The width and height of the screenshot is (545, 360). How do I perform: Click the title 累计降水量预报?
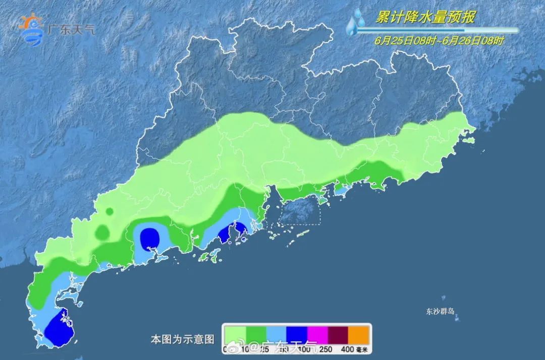(x=425, y=18)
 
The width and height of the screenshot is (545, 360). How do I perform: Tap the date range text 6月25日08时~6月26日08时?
(x=439, y=41)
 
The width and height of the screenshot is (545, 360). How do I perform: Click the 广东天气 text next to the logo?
(x=70, y=29)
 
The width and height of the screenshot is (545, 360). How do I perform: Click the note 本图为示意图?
(x=183, y=338)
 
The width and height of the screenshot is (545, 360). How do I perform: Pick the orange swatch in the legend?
(x=360, y=334)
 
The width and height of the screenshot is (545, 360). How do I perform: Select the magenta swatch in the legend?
(x=317, y=334)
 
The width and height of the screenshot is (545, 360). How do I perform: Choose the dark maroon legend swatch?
(x=339, y=334)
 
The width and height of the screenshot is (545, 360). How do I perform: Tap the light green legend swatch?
(x=235, y=334)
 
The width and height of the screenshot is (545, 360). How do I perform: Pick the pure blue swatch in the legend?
(x=297, y=334)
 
